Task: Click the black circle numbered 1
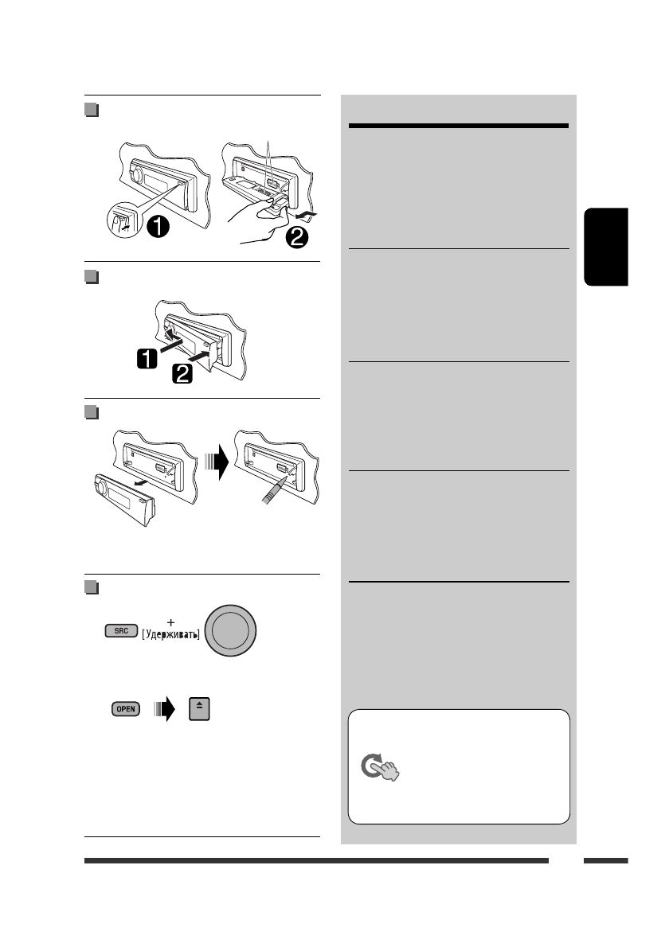[157, 226]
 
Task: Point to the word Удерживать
[171, 635]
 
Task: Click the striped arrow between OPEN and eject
[162, 707]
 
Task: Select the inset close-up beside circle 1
[124, 221]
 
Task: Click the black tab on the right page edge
[605, 247]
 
